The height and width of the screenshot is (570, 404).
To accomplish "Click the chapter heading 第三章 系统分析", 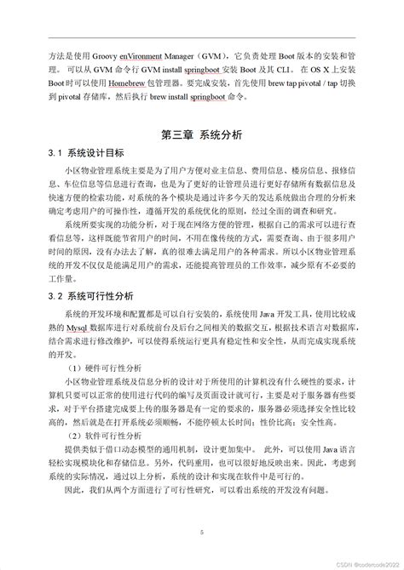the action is (201, 134).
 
